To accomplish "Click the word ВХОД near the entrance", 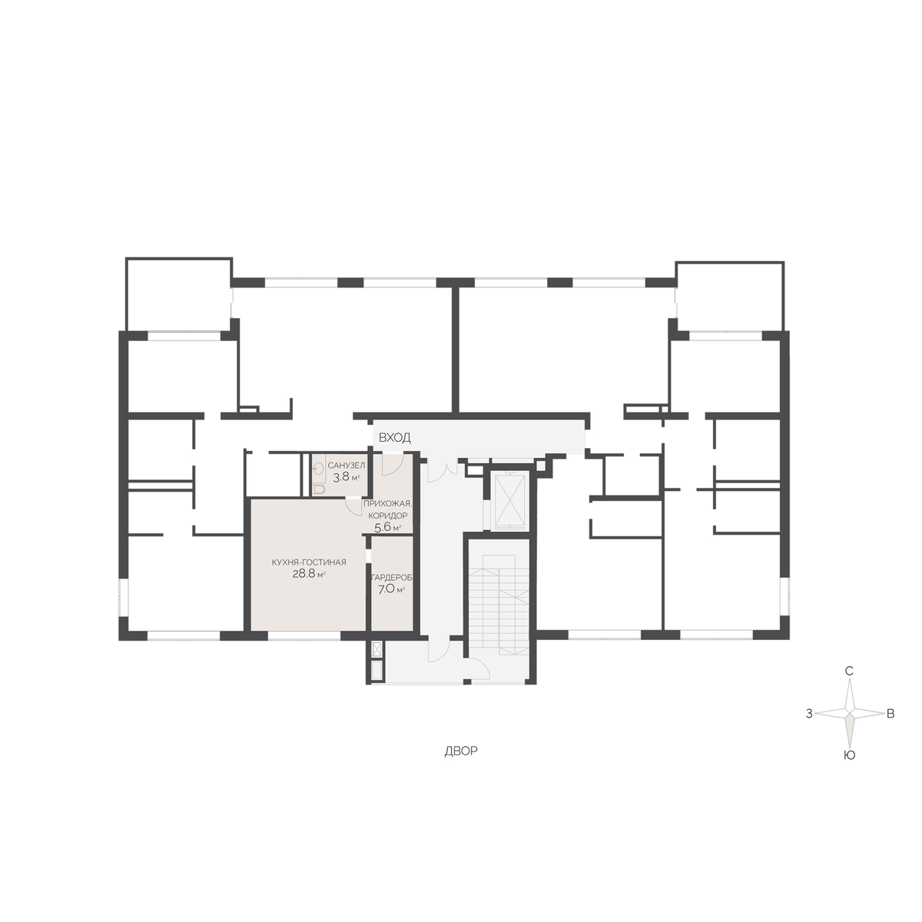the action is pos(394,437).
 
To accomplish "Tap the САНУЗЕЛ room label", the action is pos(347,465).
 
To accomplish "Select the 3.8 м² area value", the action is pos(347,476).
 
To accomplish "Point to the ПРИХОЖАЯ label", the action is pos(387,503).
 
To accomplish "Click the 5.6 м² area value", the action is pos(387,527).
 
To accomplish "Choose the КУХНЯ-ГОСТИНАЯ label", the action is pos(309,562).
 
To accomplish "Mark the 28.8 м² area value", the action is pos(309,574).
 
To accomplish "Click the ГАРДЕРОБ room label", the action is pos(392,578).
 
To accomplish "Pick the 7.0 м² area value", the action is pos(392,589).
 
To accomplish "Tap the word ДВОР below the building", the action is pos(461,751).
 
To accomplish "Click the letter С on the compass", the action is pos(849,672).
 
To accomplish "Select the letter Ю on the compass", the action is pos(850,755).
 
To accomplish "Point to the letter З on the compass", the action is pos(809,714).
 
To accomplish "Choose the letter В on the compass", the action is pos(890,714).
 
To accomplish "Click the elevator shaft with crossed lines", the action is pos(510,500).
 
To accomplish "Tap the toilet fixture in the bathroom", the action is pos(318,489).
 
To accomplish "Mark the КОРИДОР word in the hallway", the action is pos(387,516).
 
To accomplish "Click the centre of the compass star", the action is pos(849,713).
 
